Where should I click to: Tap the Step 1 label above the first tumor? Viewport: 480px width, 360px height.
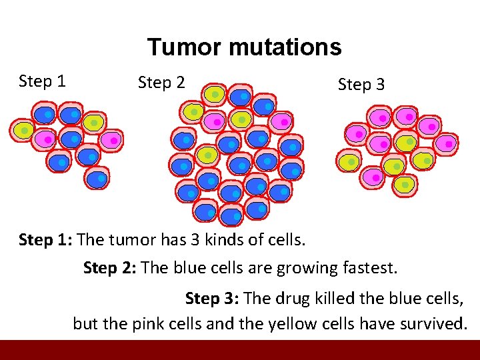coord(42,81)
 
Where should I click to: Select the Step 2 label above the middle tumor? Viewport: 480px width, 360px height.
coord(161,83)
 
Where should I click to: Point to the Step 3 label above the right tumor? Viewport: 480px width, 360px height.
coord(361,85)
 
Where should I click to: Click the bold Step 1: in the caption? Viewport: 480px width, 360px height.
coord(47,239)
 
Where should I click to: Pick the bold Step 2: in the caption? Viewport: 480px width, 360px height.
coord(110,268)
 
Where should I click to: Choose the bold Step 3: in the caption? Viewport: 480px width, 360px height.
coord(212,297)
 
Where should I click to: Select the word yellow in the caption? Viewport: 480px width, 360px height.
coord(290,325)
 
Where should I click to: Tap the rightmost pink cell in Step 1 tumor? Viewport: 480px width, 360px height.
coord(112,140)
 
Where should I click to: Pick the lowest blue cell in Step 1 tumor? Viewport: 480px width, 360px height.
coord(97,178)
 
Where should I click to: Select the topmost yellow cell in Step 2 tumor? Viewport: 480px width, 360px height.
coord(213,95)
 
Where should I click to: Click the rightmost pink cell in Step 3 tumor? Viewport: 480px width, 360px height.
coord(447,143)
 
